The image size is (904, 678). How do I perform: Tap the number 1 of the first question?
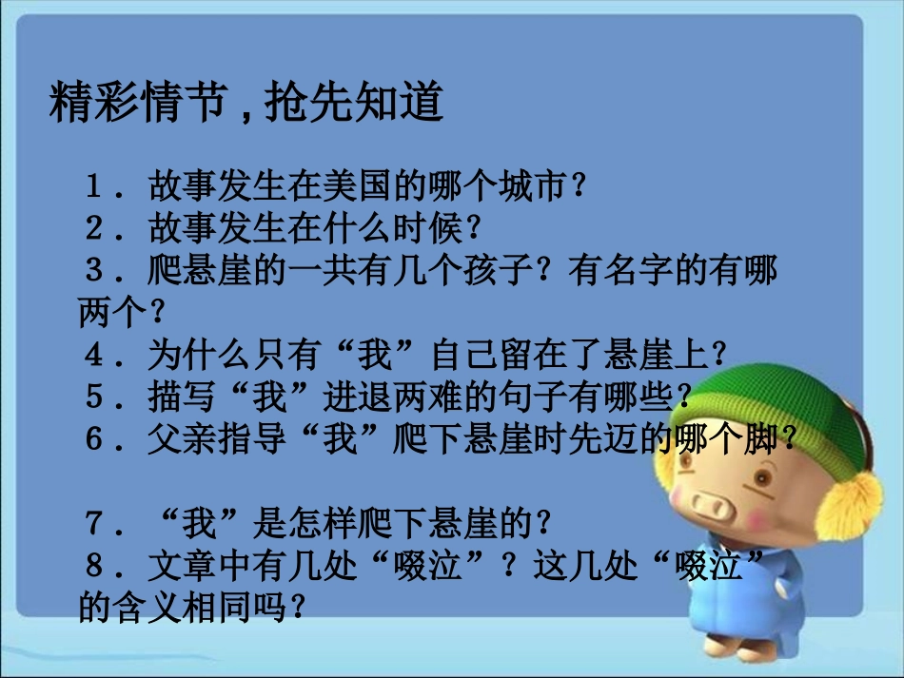click(95, 185)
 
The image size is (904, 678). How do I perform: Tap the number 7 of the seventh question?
click(95, 522)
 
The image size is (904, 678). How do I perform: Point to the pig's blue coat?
click(752, 618)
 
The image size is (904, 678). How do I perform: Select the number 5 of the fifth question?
click(95, 397)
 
